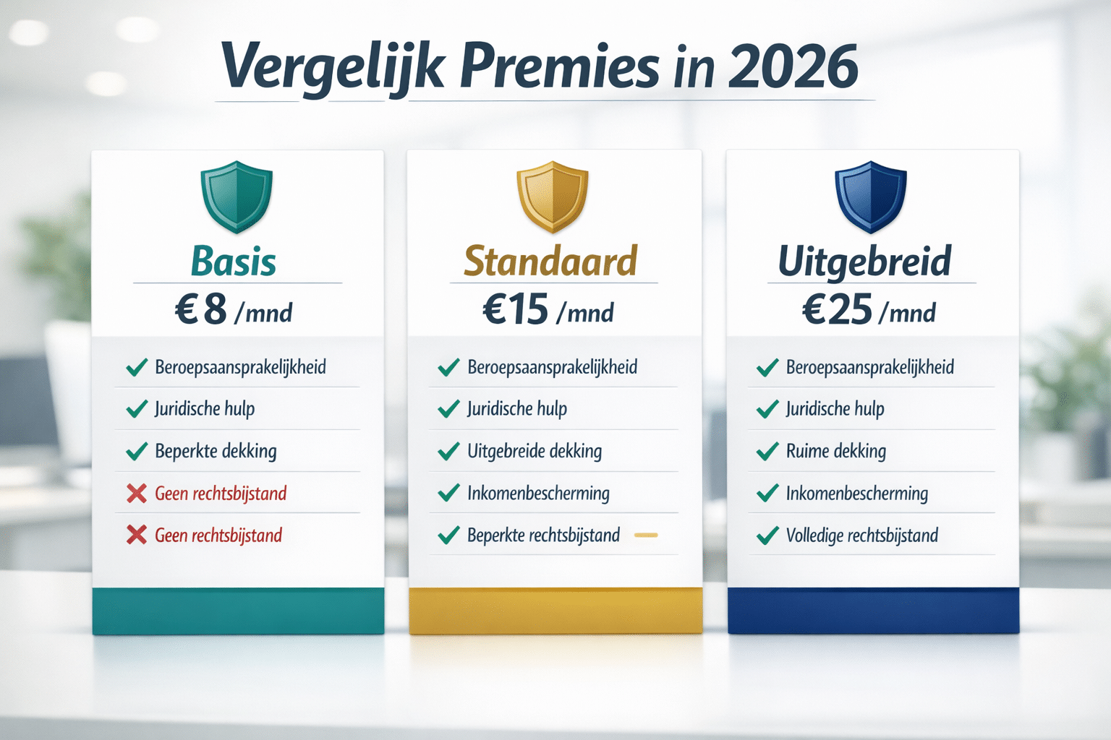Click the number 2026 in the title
point(793,66)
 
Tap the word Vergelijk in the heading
point(331,66)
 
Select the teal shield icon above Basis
point(237,197)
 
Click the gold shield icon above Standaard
point(553,197)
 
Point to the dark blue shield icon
point(871,197)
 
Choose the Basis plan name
point(234,262)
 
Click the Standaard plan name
point(550,262)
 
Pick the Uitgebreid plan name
point(864,262)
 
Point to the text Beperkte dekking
point(216,452)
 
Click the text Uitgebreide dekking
point(535,452)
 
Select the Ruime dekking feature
point(836,452)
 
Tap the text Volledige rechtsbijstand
point(862,535)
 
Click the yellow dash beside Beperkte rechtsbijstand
point(646,535)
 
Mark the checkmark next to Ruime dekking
point(767,452)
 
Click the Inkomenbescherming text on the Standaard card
point(538,494)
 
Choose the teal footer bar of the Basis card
point(238,611)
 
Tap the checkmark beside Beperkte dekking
point(137,452)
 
